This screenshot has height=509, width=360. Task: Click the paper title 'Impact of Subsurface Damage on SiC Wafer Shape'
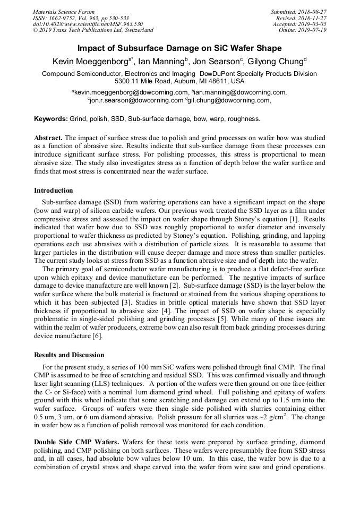(179, 48)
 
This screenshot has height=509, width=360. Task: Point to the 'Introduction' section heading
(54, 190)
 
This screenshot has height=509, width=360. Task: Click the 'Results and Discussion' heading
(69, 355)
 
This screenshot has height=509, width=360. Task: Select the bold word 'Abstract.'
(48, 137)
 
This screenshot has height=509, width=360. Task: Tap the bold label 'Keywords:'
(50, 119)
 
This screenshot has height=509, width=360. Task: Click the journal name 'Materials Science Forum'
(64, 12)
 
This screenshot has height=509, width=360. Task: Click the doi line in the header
(88, 24)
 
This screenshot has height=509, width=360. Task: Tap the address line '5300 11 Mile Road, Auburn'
(179, 81)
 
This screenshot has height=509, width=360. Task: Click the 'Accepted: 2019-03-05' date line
(299, 24)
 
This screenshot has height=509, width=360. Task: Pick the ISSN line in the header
(81, 18)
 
